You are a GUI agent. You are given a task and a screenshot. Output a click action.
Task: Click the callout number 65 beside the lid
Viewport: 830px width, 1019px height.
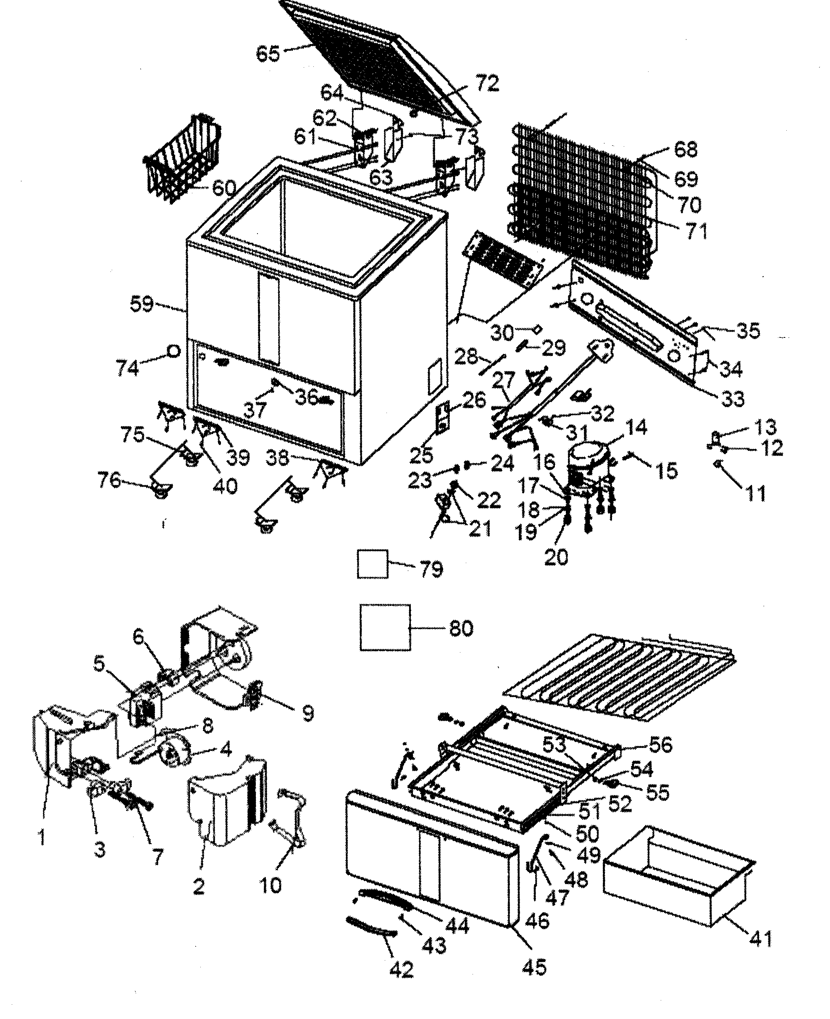click(267, 53)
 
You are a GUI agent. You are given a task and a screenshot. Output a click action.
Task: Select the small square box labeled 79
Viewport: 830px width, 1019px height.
click(373, 564)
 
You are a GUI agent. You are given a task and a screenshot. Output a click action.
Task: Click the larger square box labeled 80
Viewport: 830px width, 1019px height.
click(385, 627)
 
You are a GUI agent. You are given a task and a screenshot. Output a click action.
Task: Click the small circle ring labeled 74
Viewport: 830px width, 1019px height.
click(173, 351)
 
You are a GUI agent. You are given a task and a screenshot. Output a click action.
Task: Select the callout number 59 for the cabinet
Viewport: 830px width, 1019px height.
click(142, 304)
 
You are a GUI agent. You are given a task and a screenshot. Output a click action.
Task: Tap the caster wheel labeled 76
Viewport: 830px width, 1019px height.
click(161, 489)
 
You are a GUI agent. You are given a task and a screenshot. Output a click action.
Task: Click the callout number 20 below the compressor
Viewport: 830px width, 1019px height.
click(556, 557)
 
